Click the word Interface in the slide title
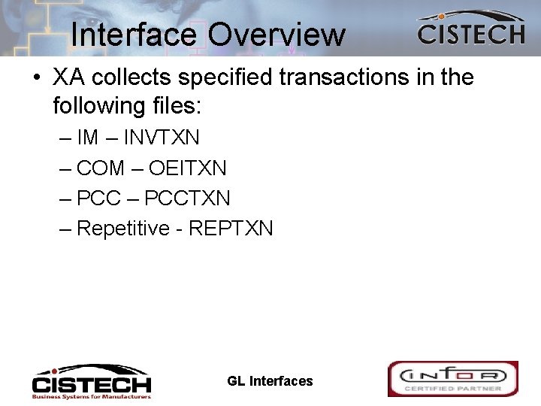pyautogui.click(x=133, y=34)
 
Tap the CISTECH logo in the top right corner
pyautogui.click(x=470, y=30)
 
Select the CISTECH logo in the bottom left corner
pyautogui.click(x=91, y=381)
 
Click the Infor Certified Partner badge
pyautogui.click(x=452, y=378)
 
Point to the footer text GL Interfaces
pyautogui.click(x=270, y=381)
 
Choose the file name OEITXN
pyautogui.click(x=188, y=168)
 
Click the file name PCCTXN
pyautogui.click(x=188, y=198)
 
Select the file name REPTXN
pyautogui.click(x=231, y=228)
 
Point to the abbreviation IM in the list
pyautogui.click(x=88, y=139)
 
